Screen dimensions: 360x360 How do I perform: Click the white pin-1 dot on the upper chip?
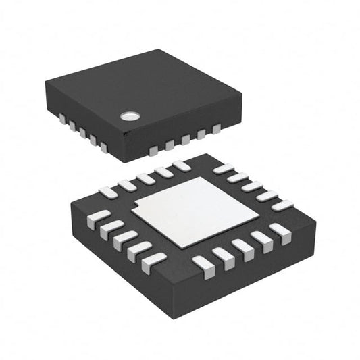(128, 115)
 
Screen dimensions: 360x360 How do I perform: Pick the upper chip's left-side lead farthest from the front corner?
(61, 120)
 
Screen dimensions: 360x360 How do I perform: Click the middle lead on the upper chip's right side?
(184, 139)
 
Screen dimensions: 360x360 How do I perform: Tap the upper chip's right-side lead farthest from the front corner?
(217, 128)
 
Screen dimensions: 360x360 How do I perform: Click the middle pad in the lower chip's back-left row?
(145, 178)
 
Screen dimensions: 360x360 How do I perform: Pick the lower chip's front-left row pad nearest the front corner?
(155, 261)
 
